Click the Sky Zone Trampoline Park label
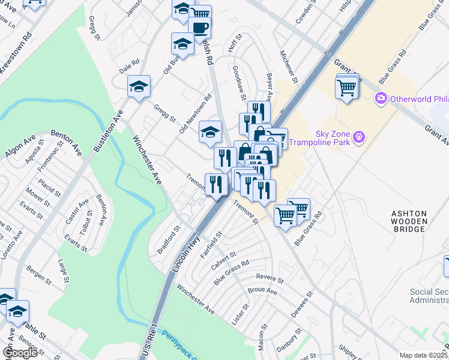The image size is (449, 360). coord(319,138)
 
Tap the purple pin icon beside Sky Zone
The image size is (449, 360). coord(359,138)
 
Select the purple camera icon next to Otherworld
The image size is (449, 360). coord(380,98)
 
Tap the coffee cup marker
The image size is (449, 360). coord(199,27)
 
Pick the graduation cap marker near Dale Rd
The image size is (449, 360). coord(139,88)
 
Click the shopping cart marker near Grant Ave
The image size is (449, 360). coord(348,88)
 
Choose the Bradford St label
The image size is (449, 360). coord(169,239)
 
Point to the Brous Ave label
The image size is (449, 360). coord(262,290)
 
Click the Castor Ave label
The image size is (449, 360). coord(77,212)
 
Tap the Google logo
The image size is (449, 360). coord(20,352)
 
